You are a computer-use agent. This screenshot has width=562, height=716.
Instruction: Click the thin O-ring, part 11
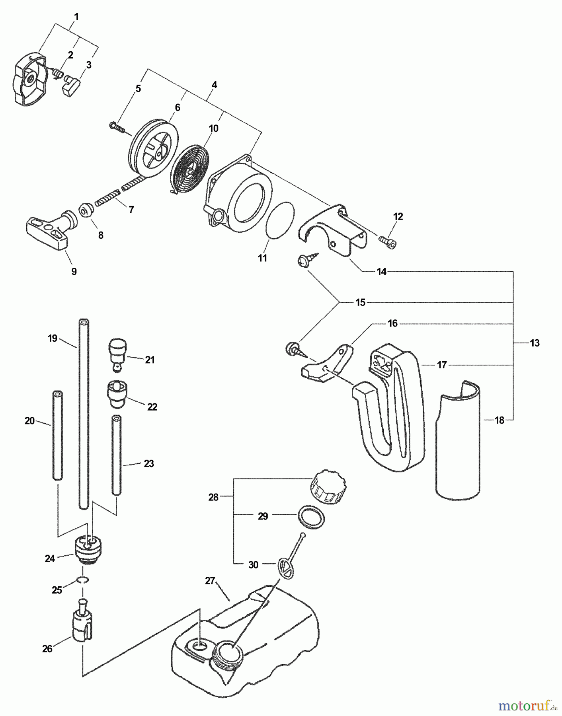(281, 220)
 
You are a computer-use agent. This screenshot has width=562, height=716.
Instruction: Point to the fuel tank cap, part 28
(328, 487)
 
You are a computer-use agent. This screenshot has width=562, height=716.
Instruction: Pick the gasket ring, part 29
(311, 518)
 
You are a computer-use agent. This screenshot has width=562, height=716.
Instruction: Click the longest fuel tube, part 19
(84, 414)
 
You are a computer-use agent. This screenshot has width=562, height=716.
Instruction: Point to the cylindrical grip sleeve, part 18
(458, 442)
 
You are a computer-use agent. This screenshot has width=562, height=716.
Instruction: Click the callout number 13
(535, 343)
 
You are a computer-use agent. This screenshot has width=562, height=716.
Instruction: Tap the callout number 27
(210, 581)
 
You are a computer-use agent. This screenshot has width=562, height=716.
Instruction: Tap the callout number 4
(214, 85)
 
